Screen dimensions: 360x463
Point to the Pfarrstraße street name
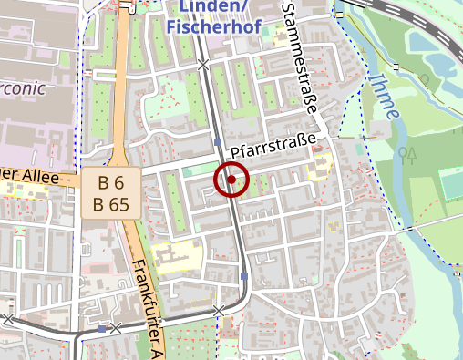(x=278, y=145)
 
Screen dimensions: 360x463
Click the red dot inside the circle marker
(x=231, y=180)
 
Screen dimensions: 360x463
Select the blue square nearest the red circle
(x=218, y=142)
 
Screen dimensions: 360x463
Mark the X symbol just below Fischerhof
(x=203, y=65)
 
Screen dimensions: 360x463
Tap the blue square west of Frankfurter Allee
(x=101, y=328)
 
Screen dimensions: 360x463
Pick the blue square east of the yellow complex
(x=244, y=275)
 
